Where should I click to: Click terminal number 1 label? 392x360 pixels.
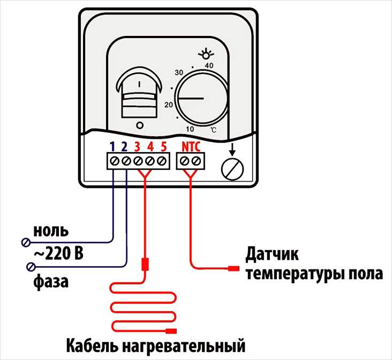[112, 146]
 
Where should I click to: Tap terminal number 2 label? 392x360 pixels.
[125, 146]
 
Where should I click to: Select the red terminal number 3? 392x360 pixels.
[138, 146]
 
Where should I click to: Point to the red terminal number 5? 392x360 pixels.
[163, 146]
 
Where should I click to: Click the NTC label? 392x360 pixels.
[192, 146]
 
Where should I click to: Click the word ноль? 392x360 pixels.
[51, 231]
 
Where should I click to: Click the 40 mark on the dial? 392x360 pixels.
[209, 65]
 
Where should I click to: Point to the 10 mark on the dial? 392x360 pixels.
[190, 129]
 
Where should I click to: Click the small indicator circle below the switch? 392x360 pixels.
[140, 125]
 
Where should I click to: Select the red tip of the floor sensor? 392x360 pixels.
[233, 268]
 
